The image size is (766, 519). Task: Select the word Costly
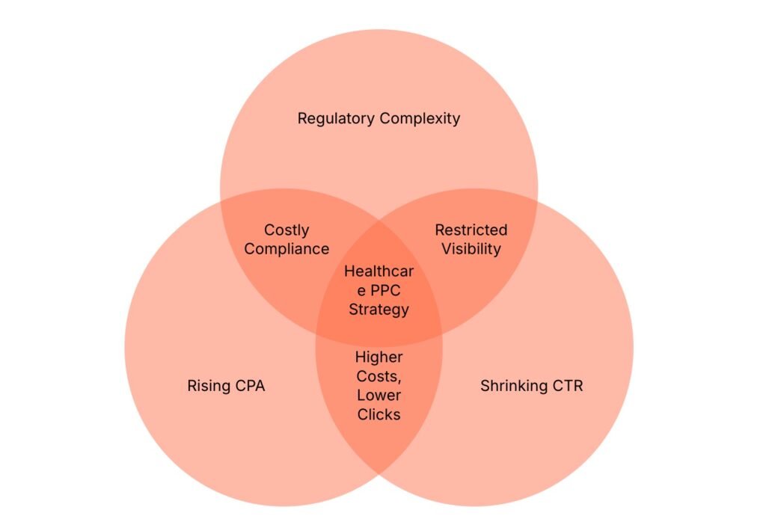tap(287, 230)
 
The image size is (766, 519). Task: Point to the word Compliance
tap(287, 249)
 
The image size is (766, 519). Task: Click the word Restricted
tap(471, 230)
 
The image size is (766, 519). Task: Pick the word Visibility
tap(471, 249)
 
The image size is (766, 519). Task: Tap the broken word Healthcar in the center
tap(379, 271)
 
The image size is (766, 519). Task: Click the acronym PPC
tap(388, 290)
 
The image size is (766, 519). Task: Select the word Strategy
tap(379, 309)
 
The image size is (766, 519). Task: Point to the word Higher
tap(379, 357)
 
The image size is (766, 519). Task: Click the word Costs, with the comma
tap(379, 376)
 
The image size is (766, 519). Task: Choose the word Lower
tap(379, 395)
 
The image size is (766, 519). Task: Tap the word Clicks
tap(379, 414)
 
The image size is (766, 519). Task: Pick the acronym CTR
tap(567, 387)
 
